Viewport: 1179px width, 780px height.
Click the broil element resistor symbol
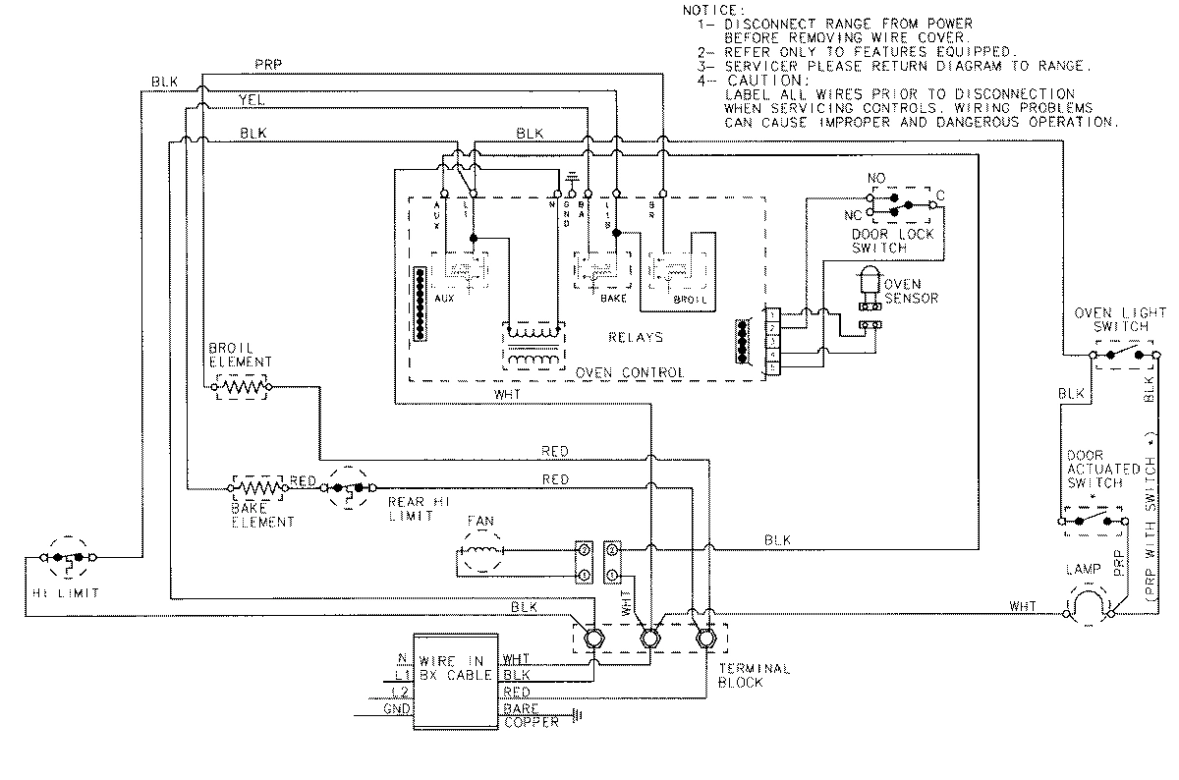(x=242, y=388)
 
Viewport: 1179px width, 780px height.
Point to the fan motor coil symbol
(x=480, y=558)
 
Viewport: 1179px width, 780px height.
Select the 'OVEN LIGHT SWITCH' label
(x=1119, y=319)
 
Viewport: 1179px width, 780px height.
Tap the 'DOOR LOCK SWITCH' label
(x=892, y=242)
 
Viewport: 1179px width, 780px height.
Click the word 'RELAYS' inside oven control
(x=635, y=337)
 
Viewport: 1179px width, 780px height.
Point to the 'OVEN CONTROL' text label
(x=630, y=373)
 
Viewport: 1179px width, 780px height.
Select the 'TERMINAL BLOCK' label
(x=754, y=676)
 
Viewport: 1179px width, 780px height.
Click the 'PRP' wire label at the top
(x=267, y=65)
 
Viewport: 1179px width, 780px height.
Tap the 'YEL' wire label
(x=252, y=99)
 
